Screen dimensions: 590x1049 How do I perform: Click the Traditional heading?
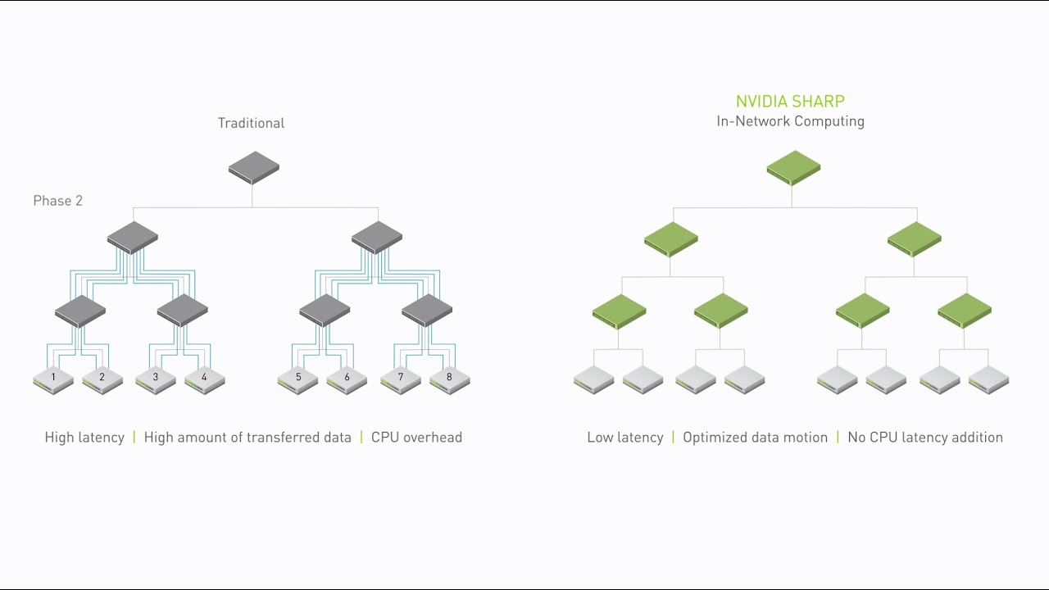251,123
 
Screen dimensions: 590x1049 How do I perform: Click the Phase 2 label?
57,201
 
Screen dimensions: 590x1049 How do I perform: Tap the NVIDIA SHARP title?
790,102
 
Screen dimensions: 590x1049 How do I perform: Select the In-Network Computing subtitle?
790,121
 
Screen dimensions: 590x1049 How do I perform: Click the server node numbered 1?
53,379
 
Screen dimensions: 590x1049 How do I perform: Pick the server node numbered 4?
204,379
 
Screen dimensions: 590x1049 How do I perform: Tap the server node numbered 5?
297,379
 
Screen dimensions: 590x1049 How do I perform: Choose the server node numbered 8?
449,379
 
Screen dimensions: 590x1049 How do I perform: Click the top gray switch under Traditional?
253,167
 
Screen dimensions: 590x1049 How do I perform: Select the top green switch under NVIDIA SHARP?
793,167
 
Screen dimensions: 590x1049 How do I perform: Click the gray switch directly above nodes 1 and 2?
80,311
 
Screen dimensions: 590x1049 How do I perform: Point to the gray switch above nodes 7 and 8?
427,311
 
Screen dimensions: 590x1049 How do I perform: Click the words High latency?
84,438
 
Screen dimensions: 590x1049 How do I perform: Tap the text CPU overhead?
416,438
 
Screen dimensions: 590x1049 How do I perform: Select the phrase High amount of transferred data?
247,438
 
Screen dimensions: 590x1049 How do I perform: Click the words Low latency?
624,438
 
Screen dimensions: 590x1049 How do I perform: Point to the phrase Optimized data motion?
755,438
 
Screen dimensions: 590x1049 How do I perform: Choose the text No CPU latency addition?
925,438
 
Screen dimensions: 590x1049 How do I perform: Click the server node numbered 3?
155,379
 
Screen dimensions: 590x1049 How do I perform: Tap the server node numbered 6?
347,379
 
